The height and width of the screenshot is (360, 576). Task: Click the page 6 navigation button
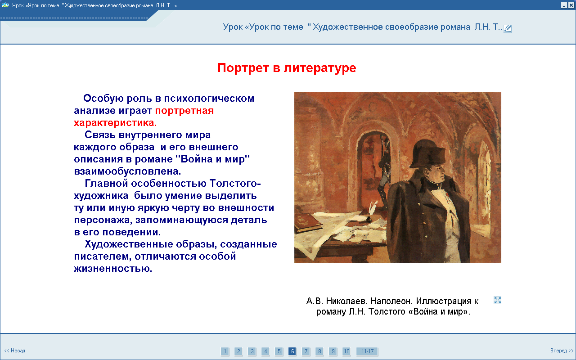tap(292, 351)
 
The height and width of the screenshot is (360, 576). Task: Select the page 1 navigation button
tap(225, 351)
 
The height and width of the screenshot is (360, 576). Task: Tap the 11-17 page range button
tap(367, 351)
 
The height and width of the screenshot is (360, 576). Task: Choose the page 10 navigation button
tap(346, 351)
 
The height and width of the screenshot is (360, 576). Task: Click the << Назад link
tap(15, 351)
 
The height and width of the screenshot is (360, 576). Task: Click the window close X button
tap(571, 5)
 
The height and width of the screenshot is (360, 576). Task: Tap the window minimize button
tap(564, 5)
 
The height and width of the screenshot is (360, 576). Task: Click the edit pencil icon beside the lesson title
tap(508, 28)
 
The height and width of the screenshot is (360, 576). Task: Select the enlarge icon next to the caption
tap(497, 300)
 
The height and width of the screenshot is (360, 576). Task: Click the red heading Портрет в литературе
tap(287, 68)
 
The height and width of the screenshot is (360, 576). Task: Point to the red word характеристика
tap(115, 123)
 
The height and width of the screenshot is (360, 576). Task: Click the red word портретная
tap(184, 111)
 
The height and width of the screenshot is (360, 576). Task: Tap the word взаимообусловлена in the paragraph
tap(127, 171)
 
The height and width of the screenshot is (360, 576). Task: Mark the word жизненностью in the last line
tap(113, 269)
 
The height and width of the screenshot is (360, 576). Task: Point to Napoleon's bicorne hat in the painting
tap(427, 153)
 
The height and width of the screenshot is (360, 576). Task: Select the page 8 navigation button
tap(319, 351)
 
